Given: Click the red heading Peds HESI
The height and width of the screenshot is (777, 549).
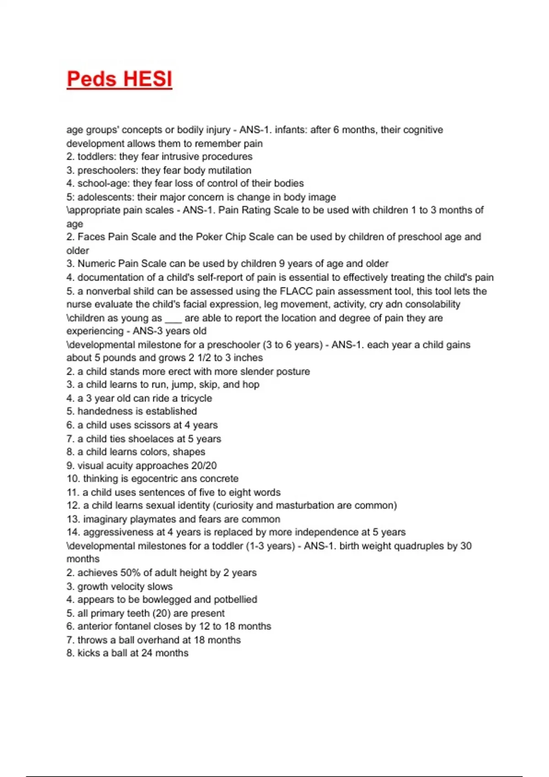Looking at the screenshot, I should point(119,79).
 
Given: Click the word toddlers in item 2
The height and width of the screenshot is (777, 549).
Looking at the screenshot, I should point(97,157).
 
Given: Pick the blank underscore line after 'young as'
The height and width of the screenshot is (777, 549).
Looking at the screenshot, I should point(173,319).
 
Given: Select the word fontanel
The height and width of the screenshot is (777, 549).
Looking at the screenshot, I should point(126,626).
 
